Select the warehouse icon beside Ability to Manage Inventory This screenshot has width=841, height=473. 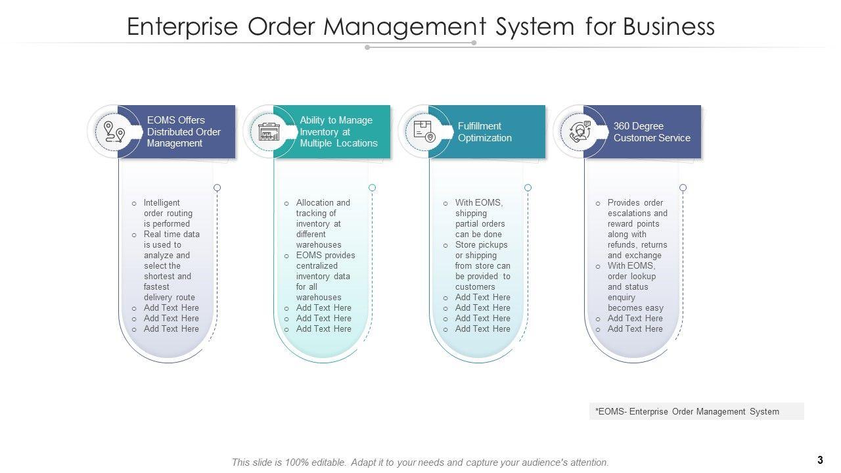point(269,132)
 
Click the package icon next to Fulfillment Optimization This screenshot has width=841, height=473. point(424,131)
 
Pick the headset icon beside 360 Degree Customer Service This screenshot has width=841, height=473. point(580,131)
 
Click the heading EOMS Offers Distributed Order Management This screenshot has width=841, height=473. point(183,131)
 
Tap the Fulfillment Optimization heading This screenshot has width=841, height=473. point(485,132)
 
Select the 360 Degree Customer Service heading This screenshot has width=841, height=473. point(652,132)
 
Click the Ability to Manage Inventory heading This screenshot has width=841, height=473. point(338,131)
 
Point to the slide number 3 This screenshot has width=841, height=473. point(820,460)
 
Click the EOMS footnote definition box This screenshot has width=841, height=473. point(696,411)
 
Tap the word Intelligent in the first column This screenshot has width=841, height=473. point(162,203)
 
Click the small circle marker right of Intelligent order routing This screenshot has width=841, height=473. point(217,188)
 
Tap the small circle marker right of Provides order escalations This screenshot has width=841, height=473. point(683,188)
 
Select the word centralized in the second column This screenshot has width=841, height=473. point(317,266)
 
